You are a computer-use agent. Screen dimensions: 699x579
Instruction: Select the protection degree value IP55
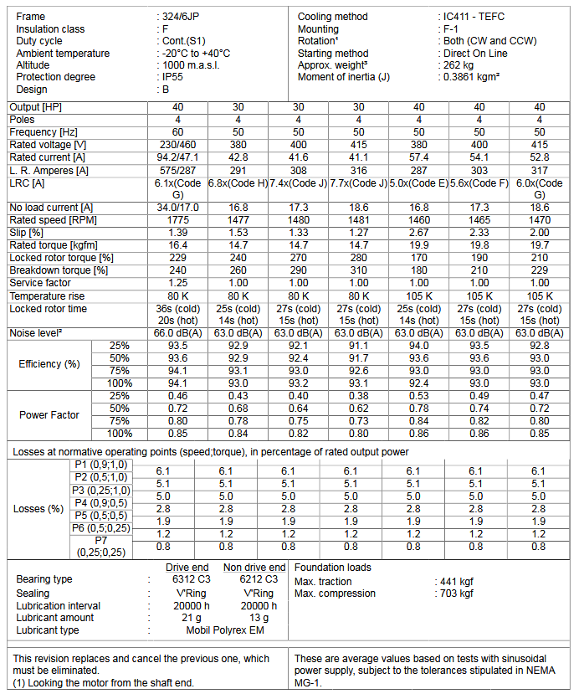coord(174,77)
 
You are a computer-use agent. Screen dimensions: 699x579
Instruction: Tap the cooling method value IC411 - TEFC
coord(474,17)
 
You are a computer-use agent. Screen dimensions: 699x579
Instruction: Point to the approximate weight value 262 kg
coord(461,65)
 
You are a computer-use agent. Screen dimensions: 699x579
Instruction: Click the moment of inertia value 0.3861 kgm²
coord(472,77)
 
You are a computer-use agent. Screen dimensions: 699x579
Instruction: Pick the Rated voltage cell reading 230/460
coord(177,145)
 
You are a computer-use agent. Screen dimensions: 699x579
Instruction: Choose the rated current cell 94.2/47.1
coord(177,157)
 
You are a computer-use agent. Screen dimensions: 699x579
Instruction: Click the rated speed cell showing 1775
coord(177,218)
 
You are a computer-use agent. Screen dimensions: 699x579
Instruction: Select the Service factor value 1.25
coord(177,283)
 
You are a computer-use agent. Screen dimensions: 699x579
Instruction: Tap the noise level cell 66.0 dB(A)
coord(177,333)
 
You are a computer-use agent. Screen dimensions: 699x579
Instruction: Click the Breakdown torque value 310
coord(358,270)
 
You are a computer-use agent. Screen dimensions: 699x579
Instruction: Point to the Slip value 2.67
coord(419,231)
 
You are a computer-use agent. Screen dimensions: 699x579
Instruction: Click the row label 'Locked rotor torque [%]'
coord(61,258)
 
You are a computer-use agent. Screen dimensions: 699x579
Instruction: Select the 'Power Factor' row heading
coord(49,414)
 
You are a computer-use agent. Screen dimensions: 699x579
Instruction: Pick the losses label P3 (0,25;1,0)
coord(100,490)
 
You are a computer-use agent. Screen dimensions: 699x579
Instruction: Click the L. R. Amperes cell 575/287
coord(177,170)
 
